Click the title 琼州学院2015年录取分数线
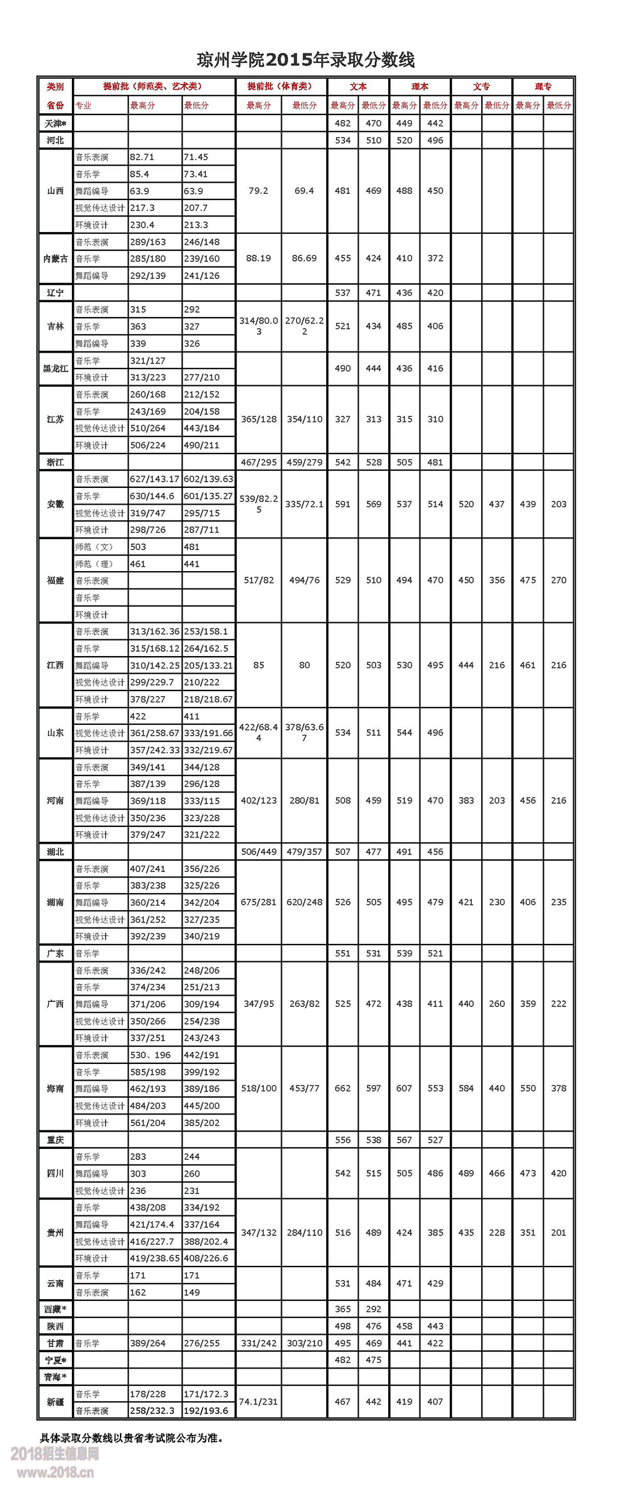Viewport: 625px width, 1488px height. (306, 60)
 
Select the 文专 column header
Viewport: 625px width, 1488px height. (481, 87)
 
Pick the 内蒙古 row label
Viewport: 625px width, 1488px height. (55, 259)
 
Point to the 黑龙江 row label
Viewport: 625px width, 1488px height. (55, 369)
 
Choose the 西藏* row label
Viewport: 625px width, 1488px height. (55, 1309)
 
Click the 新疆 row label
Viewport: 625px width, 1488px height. (55, 1402)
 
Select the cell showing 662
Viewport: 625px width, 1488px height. (342, 1088)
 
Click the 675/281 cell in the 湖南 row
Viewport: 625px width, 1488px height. (259, 902)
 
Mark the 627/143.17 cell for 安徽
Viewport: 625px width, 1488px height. (154, 479)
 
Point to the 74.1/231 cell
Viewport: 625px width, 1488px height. (259, 1402)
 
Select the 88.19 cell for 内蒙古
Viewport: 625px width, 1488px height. (259, 258)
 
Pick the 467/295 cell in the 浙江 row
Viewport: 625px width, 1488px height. (259, 462)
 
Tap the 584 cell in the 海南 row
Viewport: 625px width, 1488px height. (466, 1088)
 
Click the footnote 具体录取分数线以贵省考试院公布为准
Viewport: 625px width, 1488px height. (131, 1438)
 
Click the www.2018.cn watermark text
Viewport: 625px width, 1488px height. (56, 1472)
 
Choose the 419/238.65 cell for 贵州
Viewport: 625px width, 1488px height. (154, 1258)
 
